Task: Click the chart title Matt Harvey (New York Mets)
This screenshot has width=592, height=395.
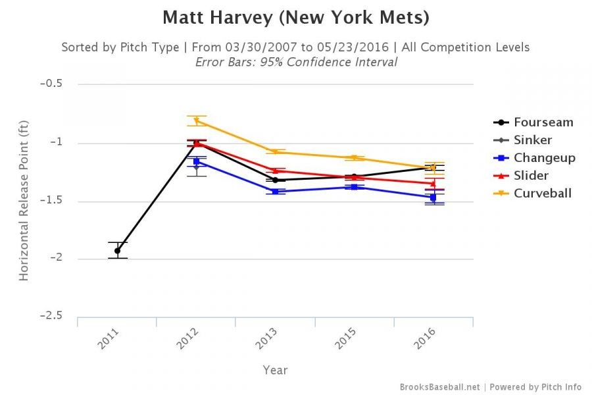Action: [x=296, y=18]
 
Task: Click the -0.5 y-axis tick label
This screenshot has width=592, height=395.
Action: [x=51, y=84]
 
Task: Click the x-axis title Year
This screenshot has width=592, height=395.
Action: [x=275, y=371]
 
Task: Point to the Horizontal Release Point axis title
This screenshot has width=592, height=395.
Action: [x=24, y=201]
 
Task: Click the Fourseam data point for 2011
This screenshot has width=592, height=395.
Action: [x=118, y=250]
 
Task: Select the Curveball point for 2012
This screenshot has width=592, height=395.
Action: [x=197, y=120]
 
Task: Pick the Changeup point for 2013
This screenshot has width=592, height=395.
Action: [x=275, y=192]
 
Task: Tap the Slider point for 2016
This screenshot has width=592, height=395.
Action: [x=433, y=184]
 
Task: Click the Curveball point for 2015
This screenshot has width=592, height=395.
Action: [x=354, y=158]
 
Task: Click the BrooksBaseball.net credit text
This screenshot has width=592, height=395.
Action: [x=439, y=387]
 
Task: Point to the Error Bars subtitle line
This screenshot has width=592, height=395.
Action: [x=296, y=63]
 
